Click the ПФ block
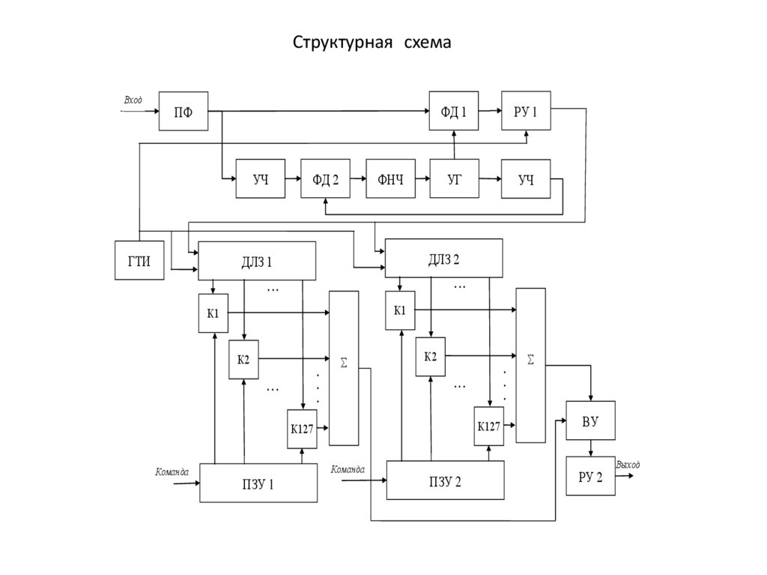point(183,111)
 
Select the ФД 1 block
point(453,111)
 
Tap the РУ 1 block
point(526,111)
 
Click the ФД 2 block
point(325,178)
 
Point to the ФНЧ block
point(389,178)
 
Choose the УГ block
point(454,178)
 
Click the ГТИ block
point(139,260)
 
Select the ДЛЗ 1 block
point(256,262)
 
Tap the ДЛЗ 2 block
point(443,259)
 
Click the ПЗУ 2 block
point(445,480)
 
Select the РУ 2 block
point(590,477)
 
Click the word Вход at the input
point(133,100)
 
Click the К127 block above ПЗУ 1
point(303,430)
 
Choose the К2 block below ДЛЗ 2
point(430,356)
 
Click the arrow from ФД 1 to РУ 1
point(490,111)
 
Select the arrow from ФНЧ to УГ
point(422,178)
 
